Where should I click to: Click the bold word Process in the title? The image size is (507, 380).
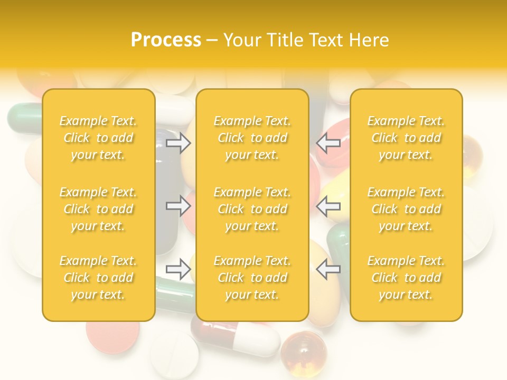pos(166,40)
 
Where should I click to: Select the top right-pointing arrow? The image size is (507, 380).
pos(179,142)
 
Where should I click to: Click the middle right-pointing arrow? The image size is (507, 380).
pos(179,206)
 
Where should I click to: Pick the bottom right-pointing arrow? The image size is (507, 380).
pos(179,269)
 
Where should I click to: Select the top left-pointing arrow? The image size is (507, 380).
pos(328,142)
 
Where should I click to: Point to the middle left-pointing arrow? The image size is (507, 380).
pos(328,206)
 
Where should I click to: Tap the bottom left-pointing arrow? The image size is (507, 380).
pos(328,269)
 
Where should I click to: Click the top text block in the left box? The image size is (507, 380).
pos(98,138)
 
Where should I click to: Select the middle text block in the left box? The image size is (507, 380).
pos(98,209)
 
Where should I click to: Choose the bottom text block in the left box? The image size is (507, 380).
pos(98,278)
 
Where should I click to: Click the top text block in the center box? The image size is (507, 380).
pos(252,138)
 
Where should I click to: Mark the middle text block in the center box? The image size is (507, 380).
pos(252,209)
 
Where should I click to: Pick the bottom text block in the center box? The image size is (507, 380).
pos(252,278)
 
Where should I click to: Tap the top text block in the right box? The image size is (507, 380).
pos(406,138)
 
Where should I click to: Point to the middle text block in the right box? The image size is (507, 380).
pos(406,209)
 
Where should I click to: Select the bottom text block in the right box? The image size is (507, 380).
pos(406,278)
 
